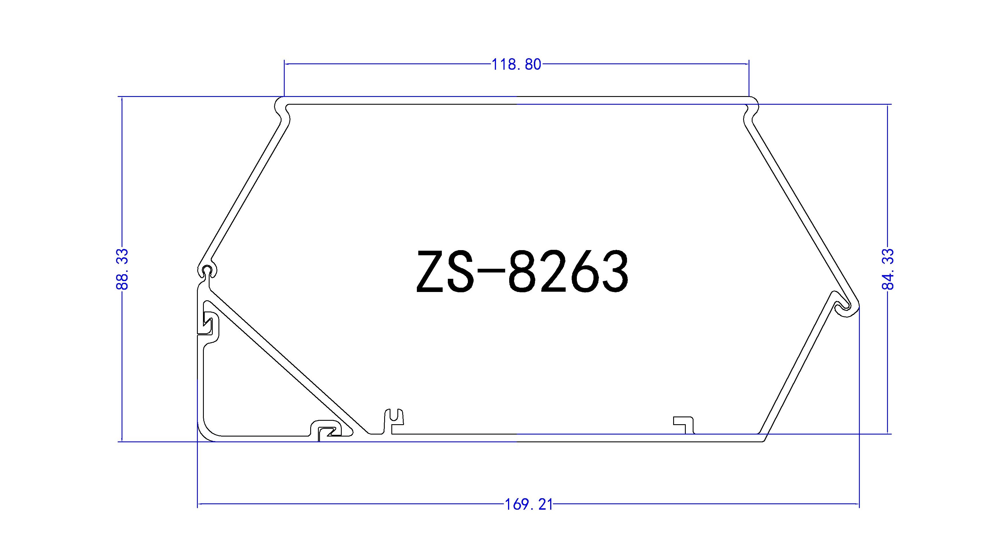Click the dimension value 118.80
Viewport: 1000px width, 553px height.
pyautogui.click(x=516, y=65)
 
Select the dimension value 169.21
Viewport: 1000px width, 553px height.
pyautogui.click(x=529, y=505)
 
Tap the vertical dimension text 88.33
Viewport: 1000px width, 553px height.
pyautogui.click(x=122, y=269)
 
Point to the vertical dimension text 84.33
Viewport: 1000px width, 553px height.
pyautogui.click(x=888, y=269)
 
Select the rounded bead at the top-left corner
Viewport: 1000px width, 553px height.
pyautogui.click(x=282, y=107)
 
